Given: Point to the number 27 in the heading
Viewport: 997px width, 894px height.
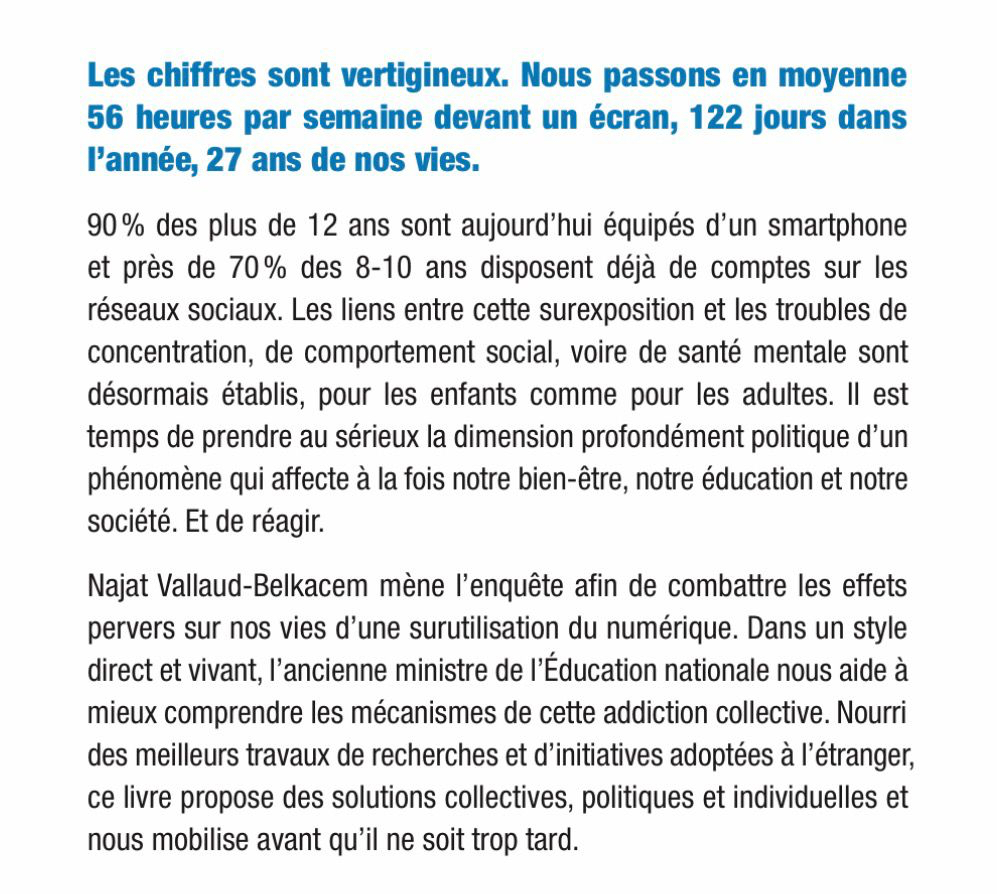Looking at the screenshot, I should tap(226, 161).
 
